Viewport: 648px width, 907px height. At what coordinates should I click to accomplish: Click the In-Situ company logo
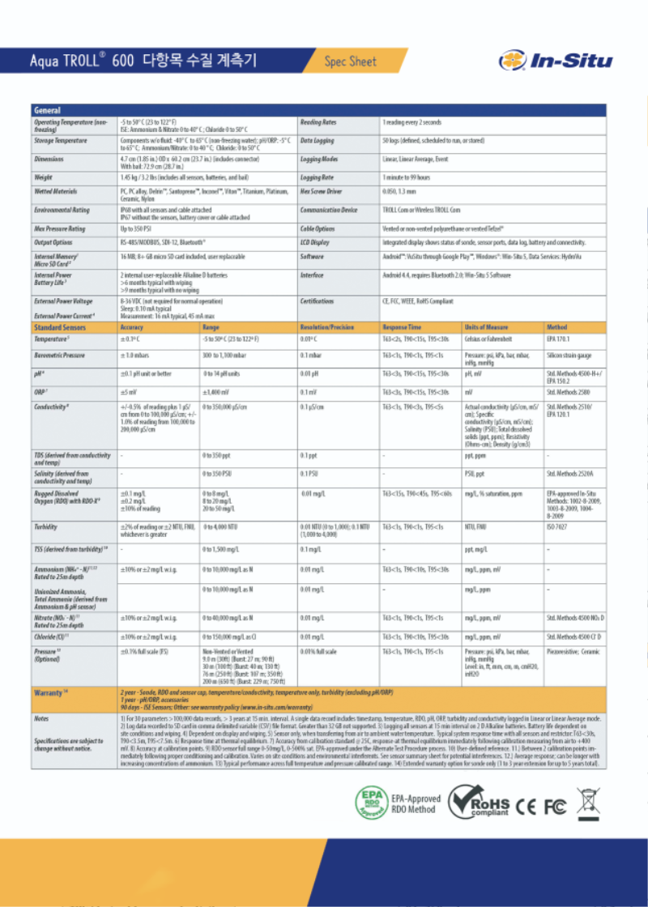point(556,60)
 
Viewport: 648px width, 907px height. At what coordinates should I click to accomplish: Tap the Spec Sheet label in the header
point(351,61)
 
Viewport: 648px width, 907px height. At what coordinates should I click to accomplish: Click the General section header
point(47,110)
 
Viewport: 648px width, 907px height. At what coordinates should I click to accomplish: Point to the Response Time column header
point(402,327)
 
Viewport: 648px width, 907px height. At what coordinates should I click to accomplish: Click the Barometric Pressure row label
point(59,356)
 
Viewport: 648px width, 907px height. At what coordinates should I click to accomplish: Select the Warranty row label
point(50,693)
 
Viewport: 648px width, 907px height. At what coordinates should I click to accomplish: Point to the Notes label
point(42,718)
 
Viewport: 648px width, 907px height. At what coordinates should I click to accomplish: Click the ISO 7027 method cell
point(557,526)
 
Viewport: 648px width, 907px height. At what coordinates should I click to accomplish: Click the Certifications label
point(318,300)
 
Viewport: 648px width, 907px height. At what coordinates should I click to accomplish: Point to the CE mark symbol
point(527,806)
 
